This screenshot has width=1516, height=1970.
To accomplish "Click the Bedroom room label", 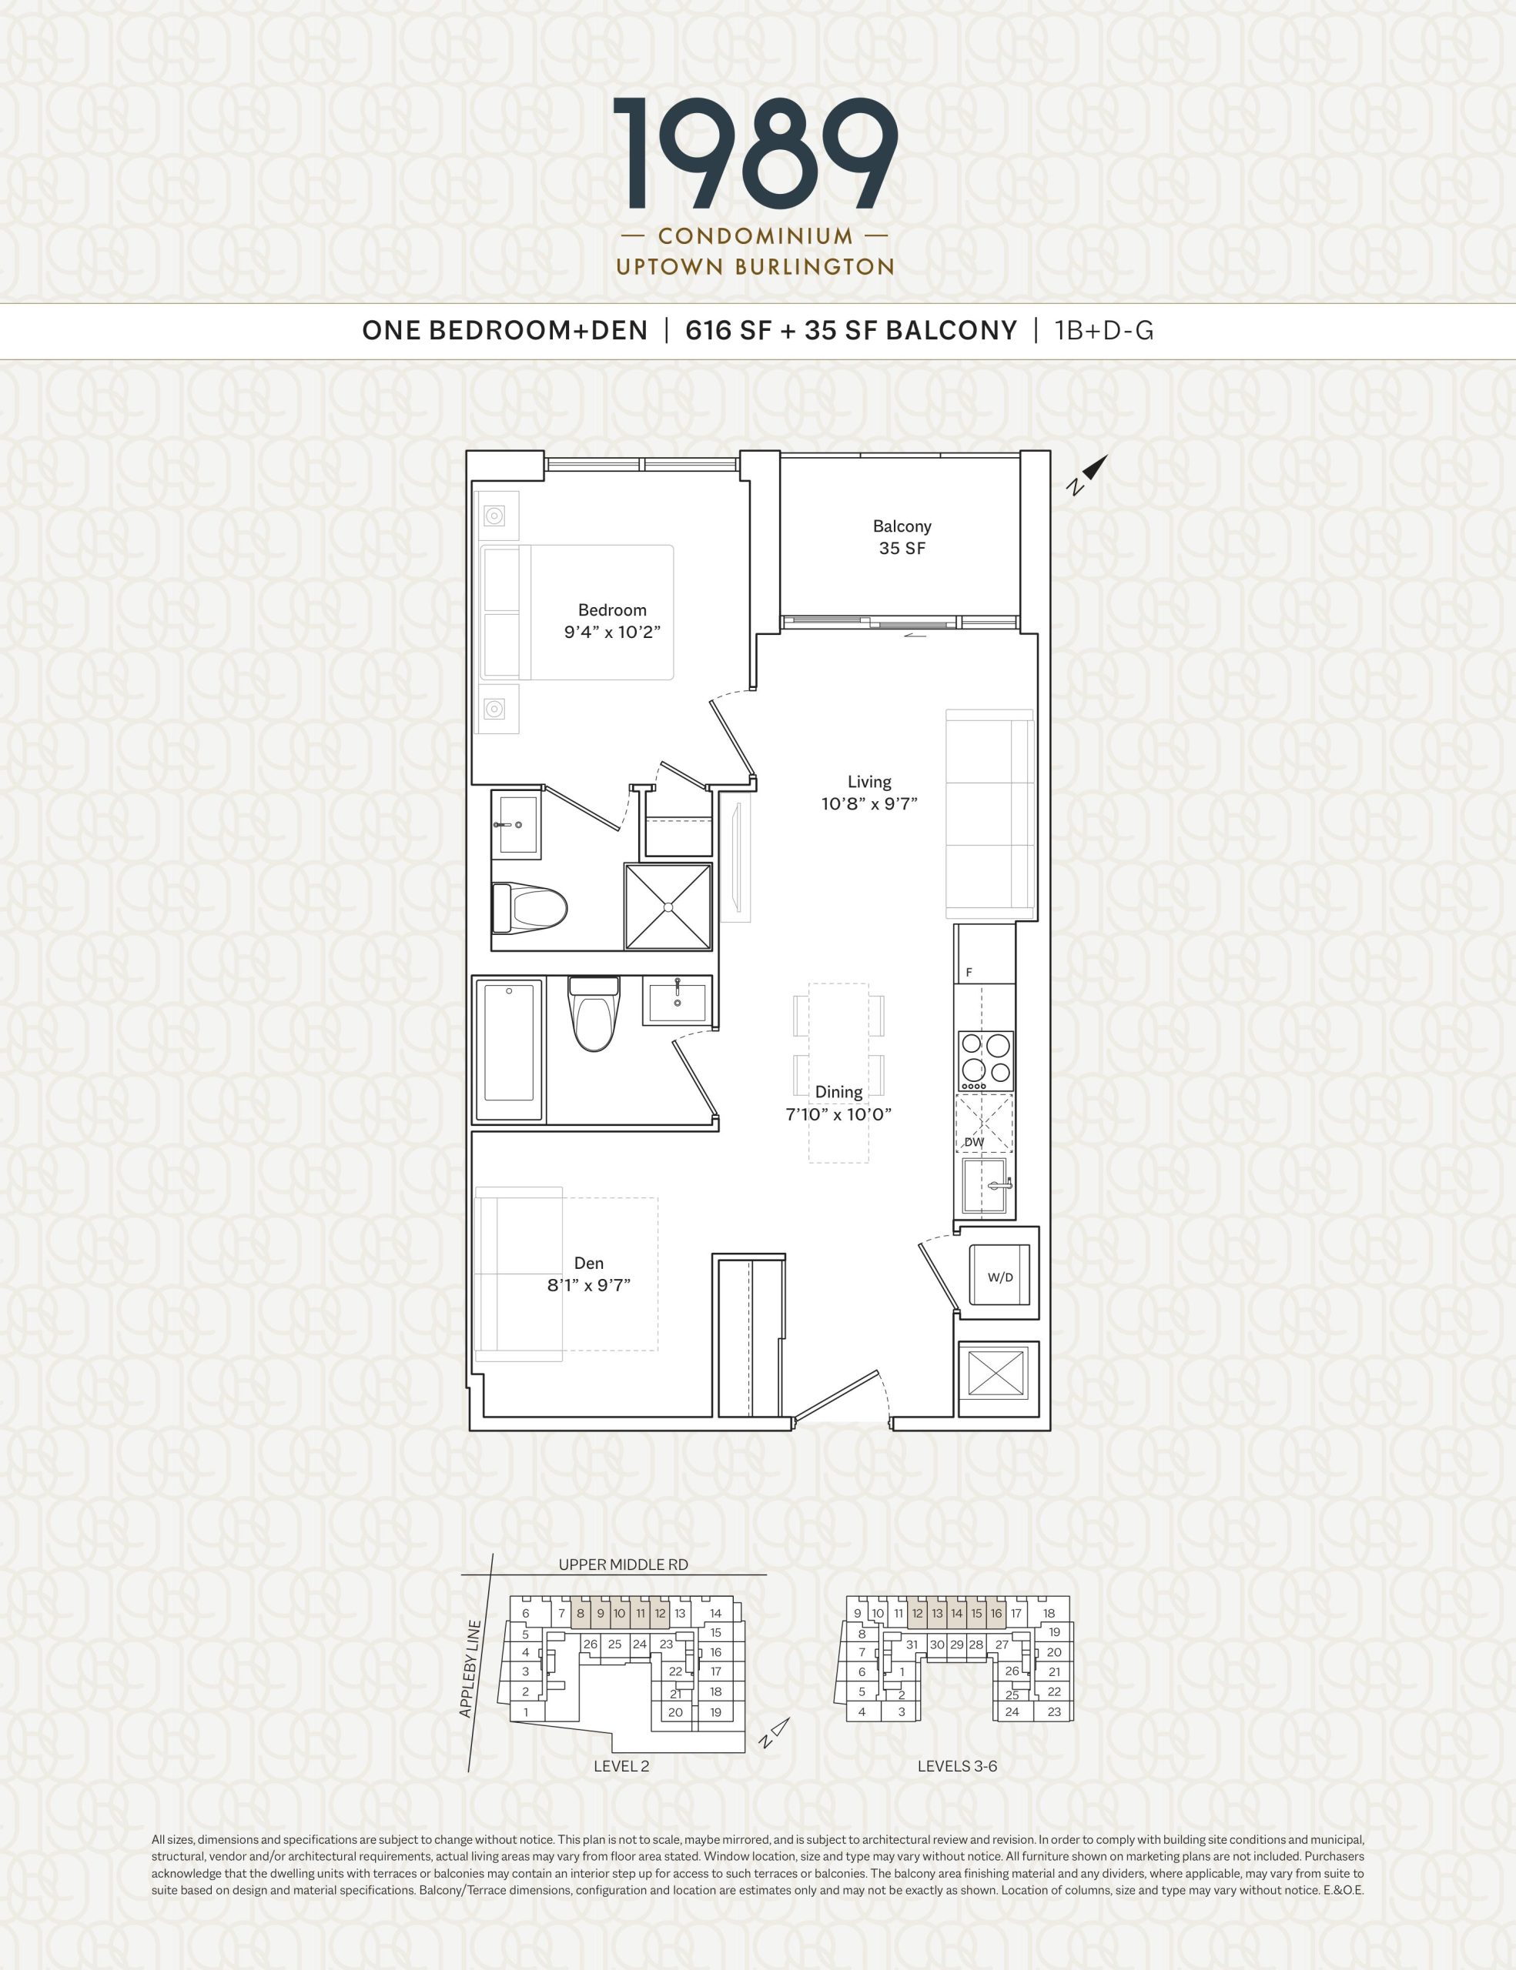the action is click(612, 609).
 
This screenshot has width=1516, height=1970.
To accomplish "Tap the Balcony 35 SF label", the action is click(902, 536).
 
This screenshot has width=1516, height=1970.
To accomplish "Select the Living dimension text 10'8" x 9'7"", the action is click(869, 803).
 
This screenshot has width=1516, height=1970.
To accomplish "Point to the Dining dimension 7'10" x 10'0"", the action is click(838, 1114).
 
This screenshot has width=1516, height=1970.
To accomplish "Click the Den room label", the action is click(588, 1263).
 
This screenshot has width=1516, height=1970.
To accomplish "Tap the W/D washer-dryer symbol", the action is click(1000, 1274).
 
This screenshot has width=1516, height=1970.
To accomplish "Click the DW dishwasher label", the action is click(974, 1142).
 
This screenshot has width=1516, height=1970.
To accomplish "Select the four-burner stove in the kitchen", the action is click(986, 1060).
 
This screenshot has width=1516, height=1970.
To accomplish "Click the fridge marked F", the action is click(984, 953).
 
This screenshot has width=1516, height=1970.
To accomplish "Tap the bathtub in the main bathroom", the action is click(509, 1050).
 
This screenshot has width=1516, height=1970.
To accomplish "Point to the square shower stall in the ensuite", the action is click(668, 907).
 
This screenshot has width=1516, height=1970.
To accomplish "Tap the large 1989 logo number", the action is click(755, 154).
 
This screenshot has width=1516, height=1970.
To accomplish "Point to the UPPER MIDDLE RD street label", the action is click(623, 1564).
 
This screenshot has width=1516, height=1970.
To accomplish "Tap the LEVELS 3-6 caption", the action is click(958, 1766).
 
